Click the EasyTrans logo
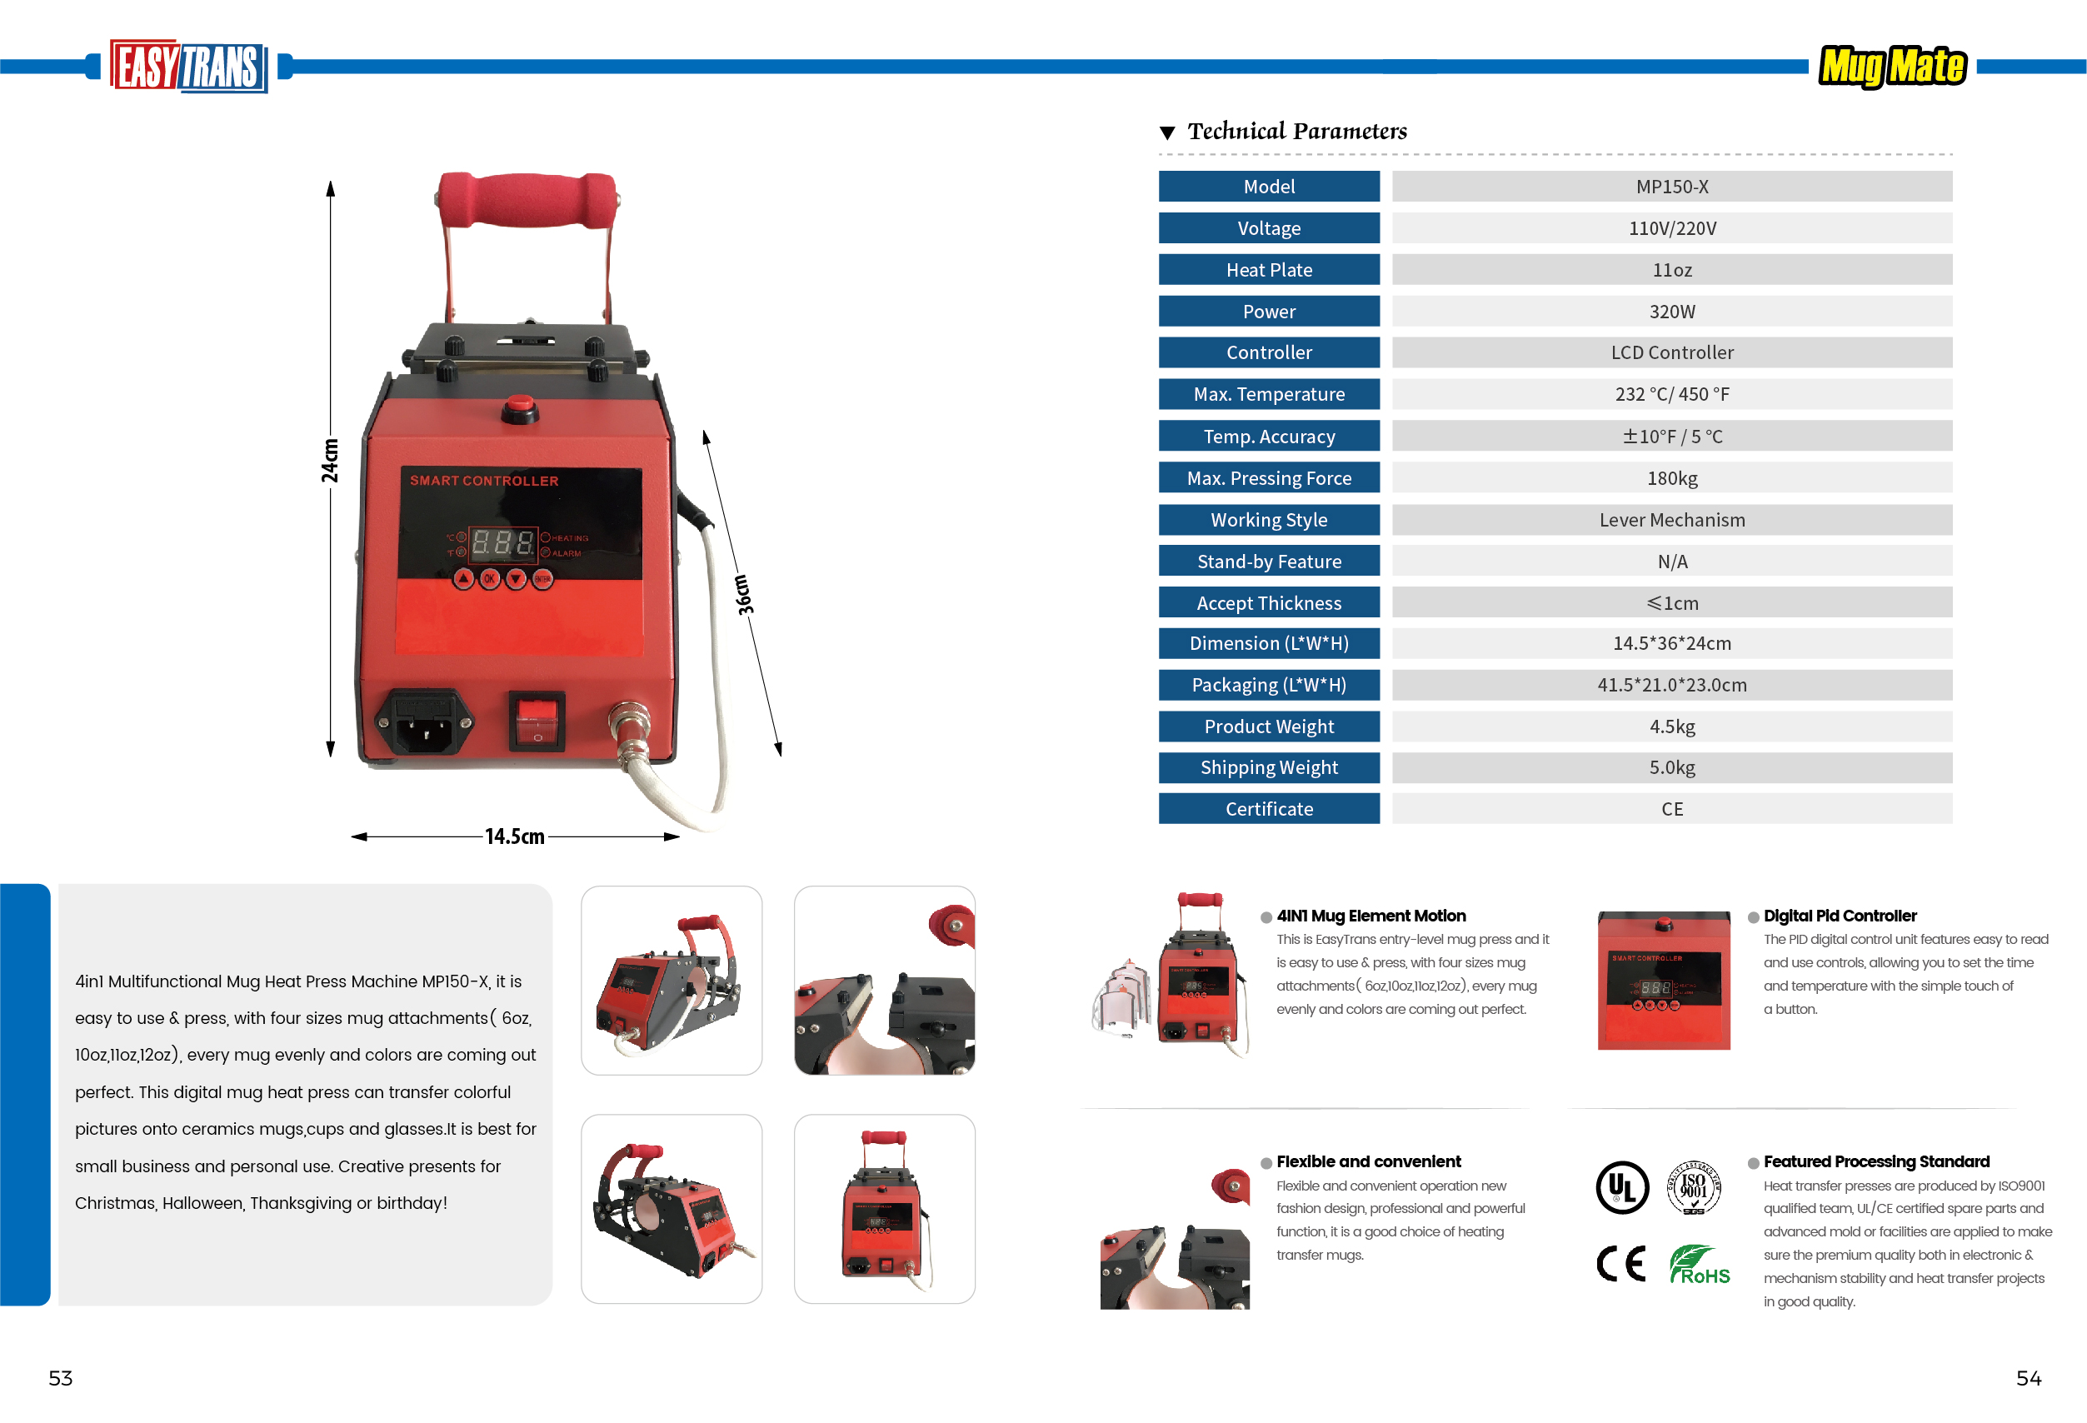tap(188, 67)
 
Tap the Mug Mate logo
tap(1892, 67)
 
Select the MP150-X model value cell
tap(1671, 187)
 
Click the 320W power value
tap(1671, 312)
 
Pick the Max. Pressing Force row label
tap(1269, 477)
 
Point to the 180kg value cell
tap(1671, 477)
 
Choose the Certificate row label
tap(1269, 809)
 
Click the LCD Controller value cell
tap(1671, 352)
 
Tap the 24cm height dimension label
tap(331, 461)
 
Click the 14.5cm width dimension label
tap(515, 836)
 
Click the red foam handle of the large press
tap(527, 199)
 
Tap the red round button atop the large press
tap(519, 407)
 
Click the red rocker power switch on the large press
tap(537, 720)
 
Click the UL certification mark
tap(1622, 1187)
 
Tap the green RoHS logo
tap(1699, 1265)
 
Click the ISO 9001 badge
tap(1694, 1187)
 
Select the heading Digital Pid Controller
tap(1840, 916)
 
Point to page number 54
tap(2029, 1378)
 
